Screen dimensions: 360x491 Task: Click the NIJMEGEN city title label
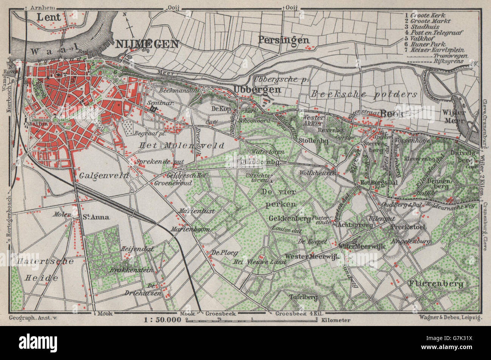pyautogui.click(x=147, y=44)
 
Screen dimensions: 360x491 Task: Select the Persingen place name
pyautogui.click(x=284, y=40)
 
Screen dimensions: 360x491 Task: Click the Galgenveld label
pyautogui.click(x=104, y=176)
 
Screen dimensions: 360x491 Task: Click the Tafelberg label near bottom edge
pyautogui.click(x=303, y=298)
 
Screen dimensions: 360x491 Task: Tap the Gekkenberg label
pyautogui.click(x=290, y=218)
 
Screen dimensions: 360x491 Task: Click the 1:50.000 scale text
pyautogui.click(x=163, y=320)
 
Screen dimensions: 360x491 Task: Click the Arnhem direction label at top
pyautogui.click(x=41, y=7)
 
